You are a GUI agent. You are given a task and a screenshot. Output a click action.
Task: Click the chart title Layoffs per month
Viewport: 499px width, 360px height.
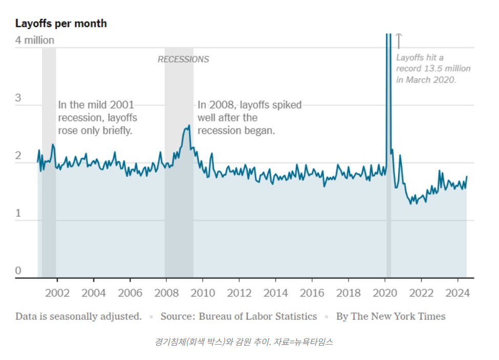61,24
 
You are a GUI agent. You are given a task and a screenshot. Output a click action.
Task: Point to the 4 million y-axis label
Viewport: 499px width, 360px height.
35,40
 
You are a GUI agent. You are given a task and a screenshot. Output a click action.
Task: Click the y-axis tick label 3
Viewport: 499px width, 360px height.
18,98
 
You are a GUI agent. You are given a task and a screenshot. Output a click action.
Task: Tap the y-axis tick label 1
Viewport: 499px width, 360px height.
18,213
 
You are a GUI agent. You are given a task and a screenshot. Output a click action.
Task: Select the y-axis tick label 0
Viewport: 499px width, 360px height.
18,270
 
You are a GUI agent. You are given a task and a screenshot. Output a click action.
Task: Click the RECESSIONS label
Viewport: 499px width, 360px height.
183,59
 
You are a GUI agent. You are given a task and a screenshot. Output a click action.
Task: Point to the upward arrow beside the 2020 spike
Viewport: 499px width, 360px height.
399,41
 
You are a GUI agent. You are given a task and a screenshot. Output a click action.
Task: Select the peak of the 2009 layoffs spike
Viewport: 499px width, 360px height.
189,125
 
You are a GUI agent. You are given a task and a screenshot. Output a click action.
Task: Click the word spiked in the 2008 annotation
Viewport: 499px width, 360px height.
288,105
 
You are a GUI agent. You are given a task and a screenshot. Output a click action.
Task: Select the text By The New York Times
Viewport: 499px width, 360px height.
390,316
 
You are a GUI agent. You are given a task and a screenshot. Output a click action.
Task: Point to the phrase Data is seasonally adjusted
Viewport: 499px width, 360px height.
78,316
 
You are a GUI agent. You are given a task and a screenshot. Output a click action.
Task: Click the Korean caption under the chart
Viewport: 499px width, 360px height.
244,342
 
